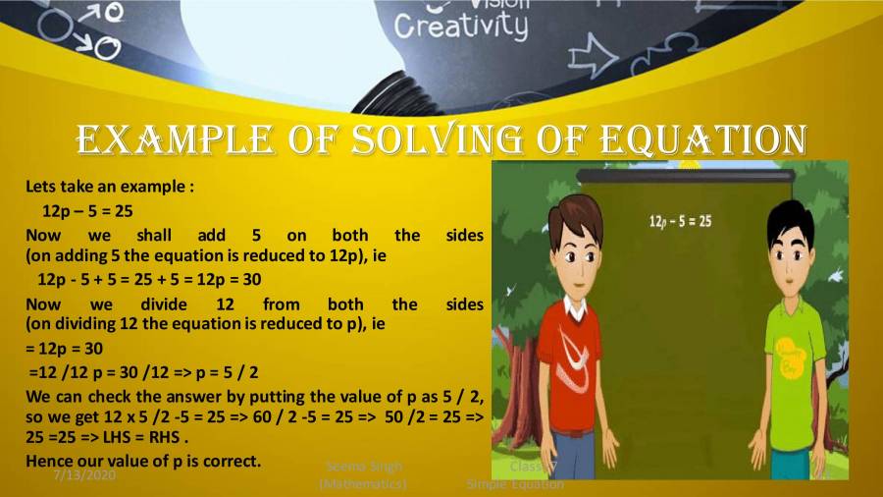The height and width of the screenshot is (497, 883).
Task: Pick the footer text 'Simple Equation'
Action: pyautogui.click(x=515, y=484)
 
